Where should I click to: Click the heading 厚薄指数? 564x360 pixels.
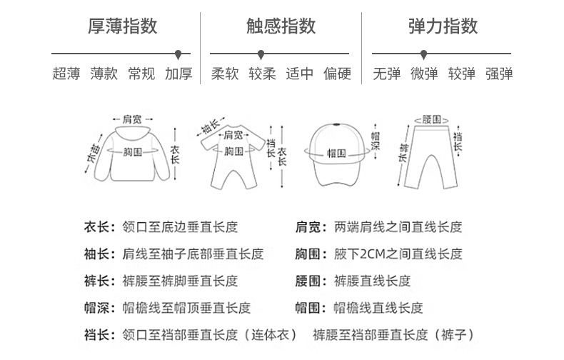pyautogui.click(x=122, y=27)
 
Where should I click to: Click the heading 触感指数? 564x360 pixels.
pyautogui.click(x=281, y=27)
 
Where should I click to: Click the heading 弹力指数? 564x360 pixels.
pyautogui.click(x=443, y=27)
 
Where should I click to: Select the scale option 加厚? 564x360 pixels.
pyautogui.click(x=178, y=74)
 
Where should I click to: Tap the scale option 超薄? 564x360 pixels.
pyautogui.click(x=66, y=74)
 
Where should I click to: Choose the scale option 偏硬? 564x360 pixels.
pyautogui.click(x=337, y=74)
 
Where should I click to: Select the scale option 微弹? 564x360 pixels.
pyautogui.click(x=424, y=74)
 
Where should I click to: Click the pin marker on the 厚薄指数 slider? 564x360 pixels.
pyautogui.click(x=178, y=53)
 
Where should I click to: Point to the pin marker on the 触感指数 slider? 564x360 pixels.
pyautogui.click(x=262, y=53)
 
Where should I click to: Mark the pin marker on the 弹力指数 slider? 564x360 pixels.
pyautogui.click(x=424, y=53)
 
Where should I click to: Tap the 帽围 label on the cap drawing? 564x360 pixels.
pyautogui.click(x=336, y=152)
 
